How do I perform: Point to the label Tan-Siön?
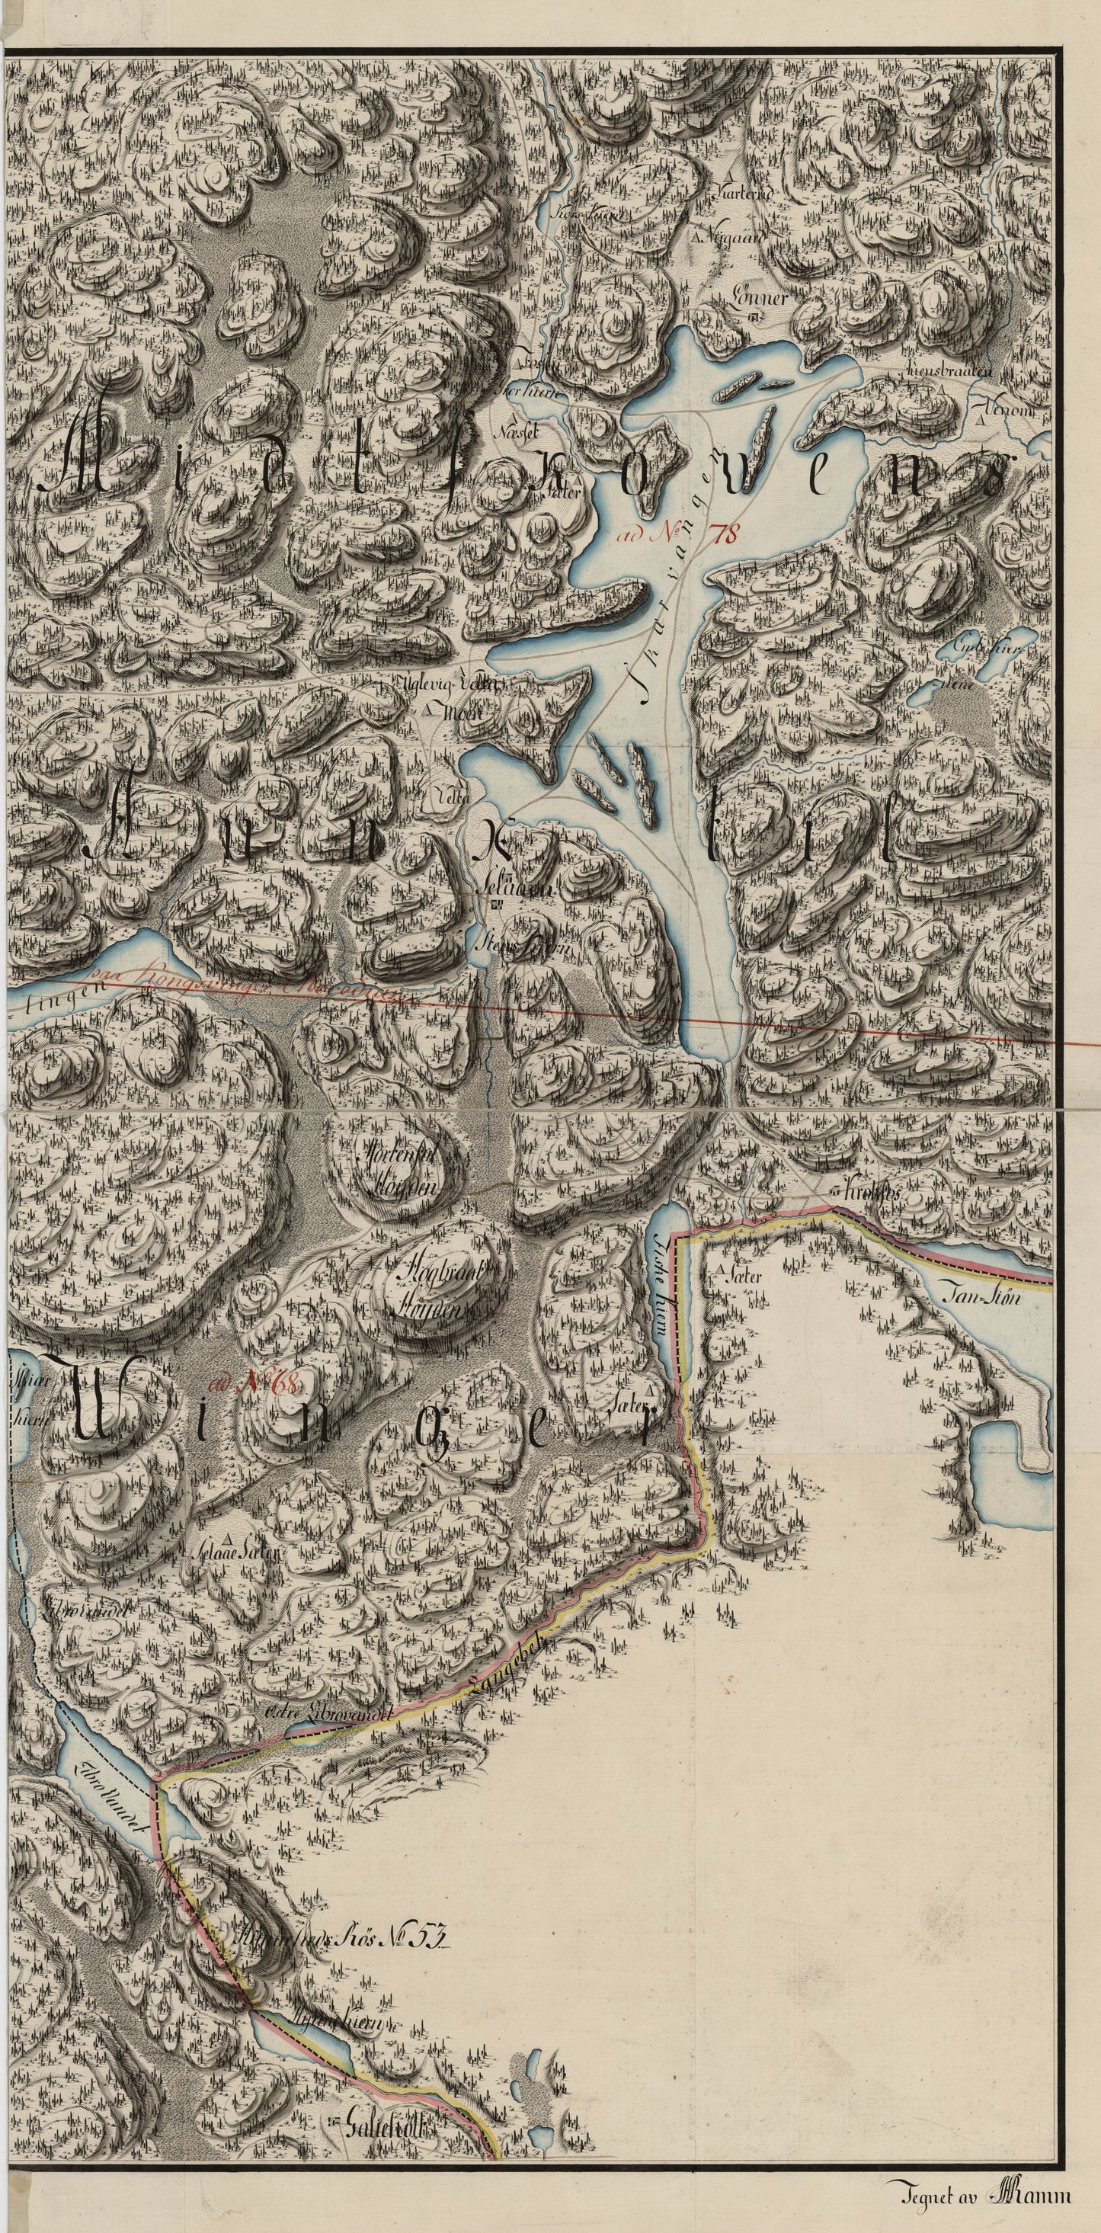point(981,1298)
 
